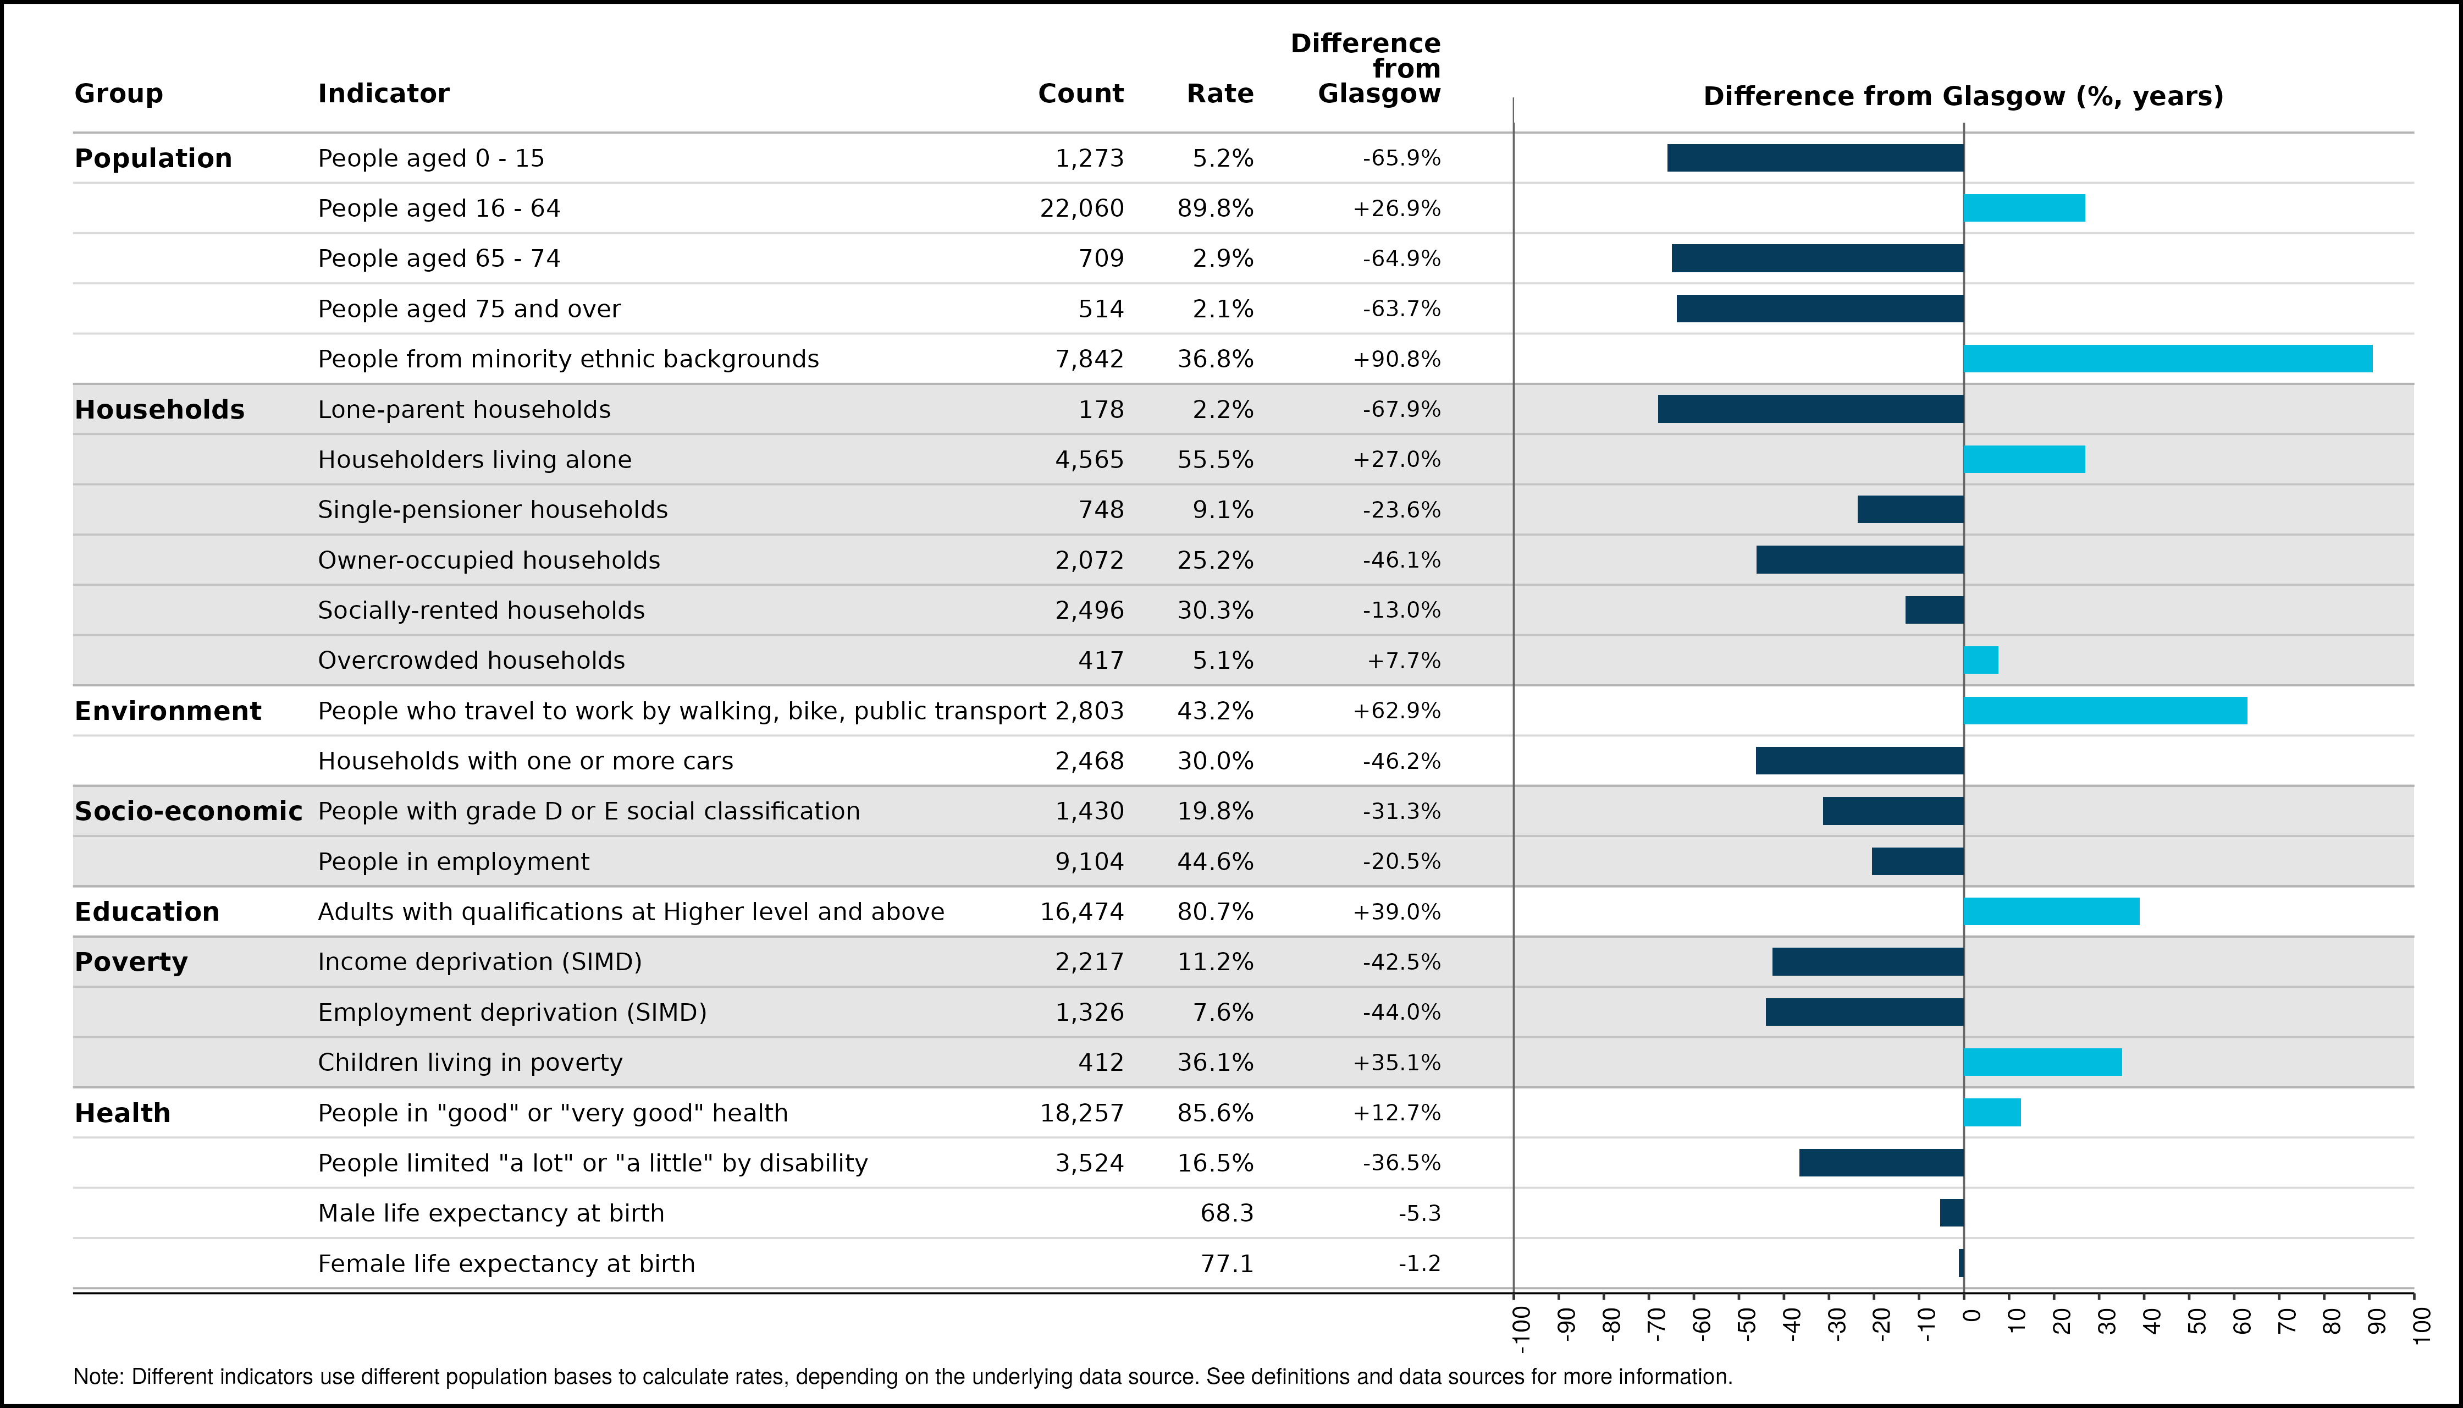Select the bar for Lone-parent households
(1810, 409)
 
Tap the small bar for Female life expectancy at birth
(1961, 1263)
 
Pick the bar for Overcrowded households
(1981, 661)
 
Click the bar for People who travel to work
(2105, 711)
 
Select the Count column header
(1081, 94)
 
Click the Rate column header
(1220, 94)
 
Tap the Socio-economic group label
(189, 811)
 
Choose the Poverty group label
(131, 962)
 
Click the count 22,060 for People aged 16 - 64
(1081, 209)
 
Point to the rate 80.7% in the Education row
(1215, 912)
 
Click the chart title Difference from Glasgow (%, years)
(1963, 97)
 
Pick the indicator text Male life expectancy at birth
(491, 1214)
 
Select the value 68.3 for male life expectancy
(1227, 1214)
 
